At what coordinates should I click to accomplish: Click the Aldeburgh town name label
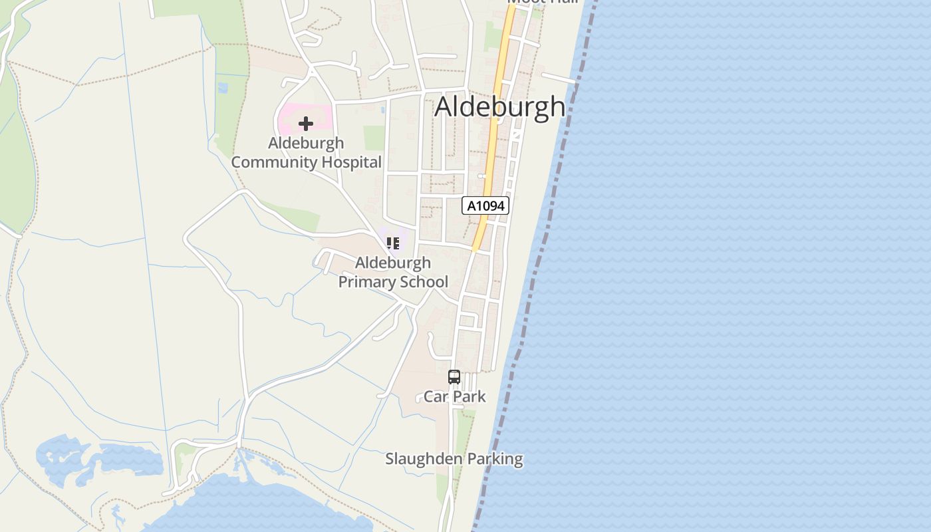coord(500,106)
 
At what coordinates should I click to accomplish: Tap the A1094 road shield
coord(485,205)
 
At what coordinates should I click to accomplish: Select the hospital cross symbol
coord(306,124)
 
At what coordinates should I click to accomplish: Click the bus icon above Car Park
coord(454,377)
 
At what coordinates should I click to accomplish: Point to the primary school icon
coord(393,243)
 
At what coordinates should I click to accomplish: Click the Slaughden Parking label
coord(454,459)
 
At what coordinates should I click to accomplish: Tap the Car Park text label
coord(455,397)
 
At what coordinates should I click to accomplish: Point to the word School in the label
coord(421,282)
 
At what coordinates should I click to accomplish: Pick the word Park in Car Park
coord(471,397)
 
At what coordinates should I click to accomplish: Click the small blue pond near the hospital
coord(222,87)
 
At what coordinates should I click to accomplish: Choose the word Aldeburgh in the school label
coord(393,263)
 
